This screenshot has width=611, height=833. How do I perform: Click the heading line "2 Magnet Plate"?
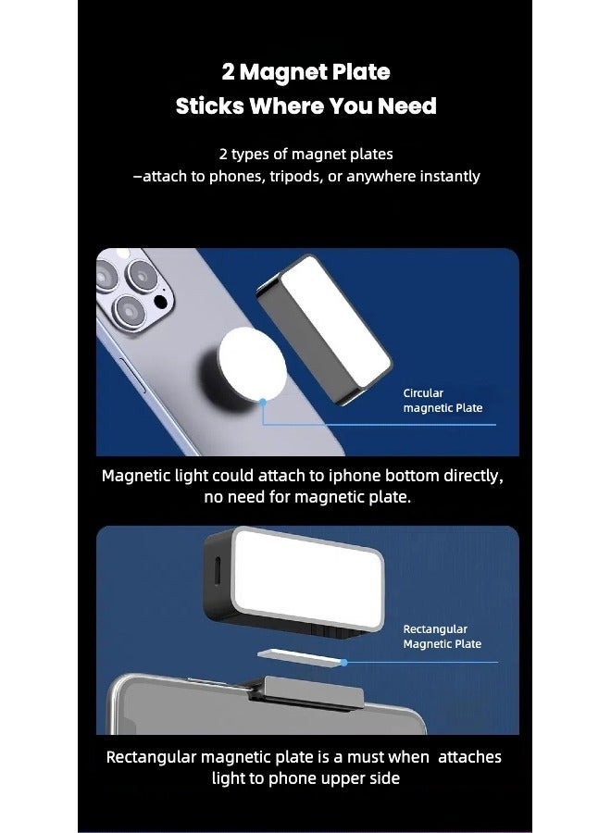305,72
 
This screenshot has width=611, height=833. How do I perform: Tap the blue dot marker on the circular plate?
264,401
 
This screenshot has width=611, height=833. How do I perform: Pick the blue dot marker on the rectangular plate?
343,663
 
